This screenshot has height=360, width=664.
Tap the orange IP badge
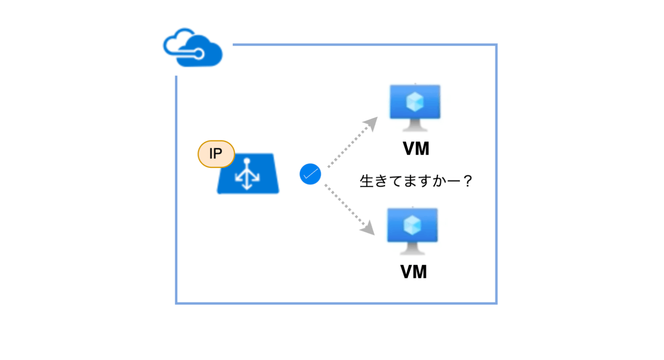pos(216,154)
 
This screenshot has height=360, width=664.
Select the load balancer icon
pos(248,174)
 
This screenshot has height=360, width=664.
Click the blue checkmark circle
pos(310,174)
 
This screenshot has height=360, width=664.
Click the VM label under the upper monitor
pos(416,149)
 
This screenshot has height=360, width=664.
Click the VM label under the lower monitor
pos(414,272)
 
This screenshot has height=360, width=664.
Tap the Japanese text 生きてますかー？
pos(416,181)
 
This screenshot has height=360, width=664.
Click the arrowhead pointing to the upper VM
pos(371,123)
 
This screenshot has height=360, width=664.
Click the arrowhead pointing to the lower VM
pos(368,229)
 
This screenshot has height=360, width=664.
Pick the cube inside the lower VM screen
pos(412,225)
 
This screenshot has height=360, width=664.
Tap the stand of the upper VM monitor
pos(415,125)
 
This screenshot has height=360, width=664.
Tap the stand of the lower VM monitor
pos(412,249)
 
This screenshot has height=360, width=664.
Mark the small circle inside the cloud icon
pos(199,54)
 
